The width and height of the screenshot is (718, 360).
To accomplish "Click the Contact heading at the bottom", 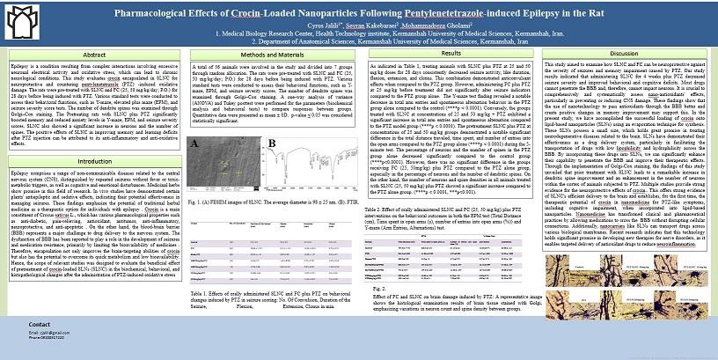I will (40, 326).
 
